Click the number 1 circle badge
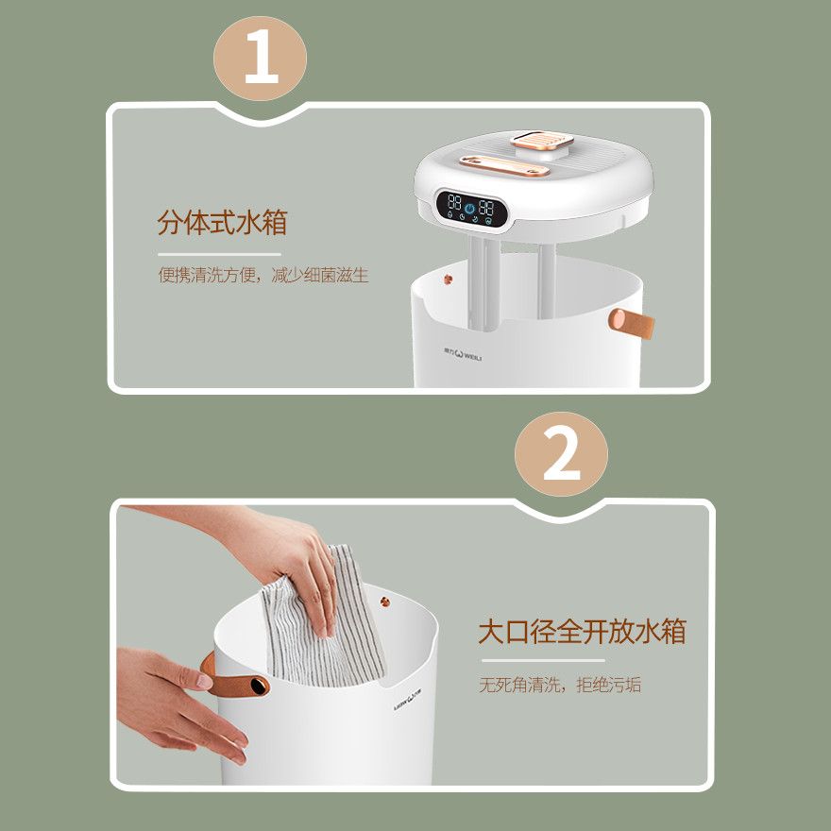[x=260, y=59]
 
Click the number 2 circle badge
[x=561, y=454]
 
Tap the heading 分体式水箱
[x=222, y=222]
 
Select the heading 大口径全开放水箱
[x=582, y=631]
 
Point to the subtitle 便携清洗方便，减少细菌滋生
[x=263, y=275]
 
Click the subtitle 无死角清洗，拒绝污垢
[x=560, y=685]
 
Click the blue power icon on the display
[x=469, y=208]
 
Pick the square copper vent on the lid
[x=542, y=141]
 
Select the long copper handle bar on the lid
[x=504, y=166]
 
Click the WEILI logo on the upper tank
[x=463, y=353]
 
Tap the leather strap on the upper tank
[x=631, y=323]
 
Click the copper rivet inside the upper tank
[x=448, y=279]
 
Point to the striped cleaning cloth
[x=324, y=620]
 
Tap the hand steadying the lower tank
[x=178, y=704]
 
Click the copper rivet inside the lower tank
[x=385, y=602]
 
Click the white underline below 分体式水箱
[x=219, y=254]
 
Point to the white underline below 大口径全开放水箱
[x=543, y=660]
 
